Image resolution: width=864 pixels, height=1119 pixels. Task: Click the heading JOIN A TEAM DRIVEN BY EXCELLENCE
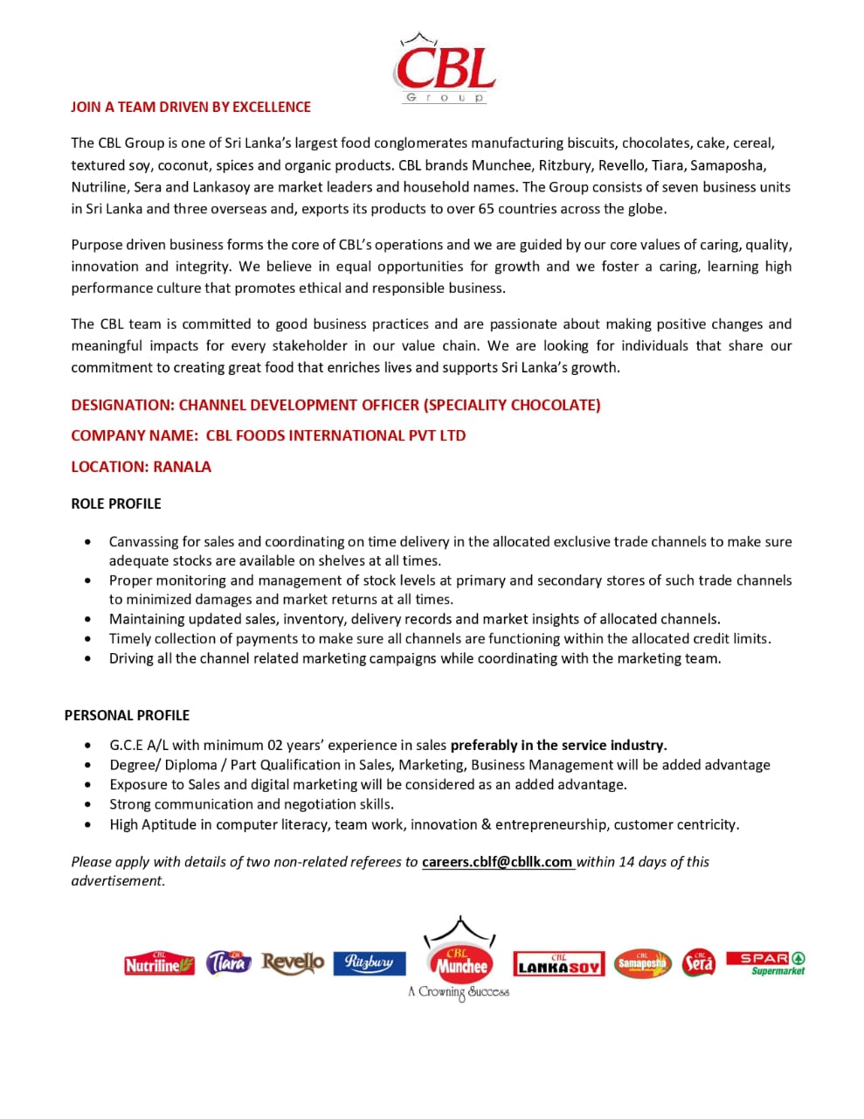pos(190,107)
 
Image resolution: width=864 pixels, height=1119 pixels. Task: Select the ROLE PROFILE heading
pos(116,504)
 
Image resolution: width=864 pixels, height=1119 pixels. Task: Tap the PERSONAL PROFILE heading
pos(127,715)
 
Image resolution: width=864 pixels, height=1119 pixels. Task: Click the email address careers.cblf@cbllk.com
pos(497,862)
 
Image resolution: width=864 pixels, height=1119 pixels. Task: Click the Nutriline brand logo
pos(159,964)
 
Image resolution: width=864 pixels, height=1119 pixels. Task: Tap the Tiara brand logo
pos(228,963)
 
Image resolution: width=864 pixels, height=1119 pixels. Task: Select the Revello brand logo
pos(293,963)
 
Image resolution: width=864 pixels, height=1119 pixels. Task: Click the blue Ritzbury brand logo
pos(370,963)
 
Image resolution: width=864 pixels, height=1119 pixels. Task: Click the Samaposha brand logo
pos(642,963)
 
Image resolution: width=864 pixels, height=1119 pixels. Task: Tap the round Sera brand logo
pos(698,963)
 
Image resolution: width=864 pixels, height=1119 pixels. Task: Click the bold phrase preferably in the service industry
pos(558,746)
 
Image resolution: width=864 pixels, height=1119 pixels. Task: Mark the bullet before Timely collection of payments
pos(87,639)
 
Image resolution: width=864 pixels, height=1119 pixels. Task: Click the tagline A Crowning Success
pos(459,992)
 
